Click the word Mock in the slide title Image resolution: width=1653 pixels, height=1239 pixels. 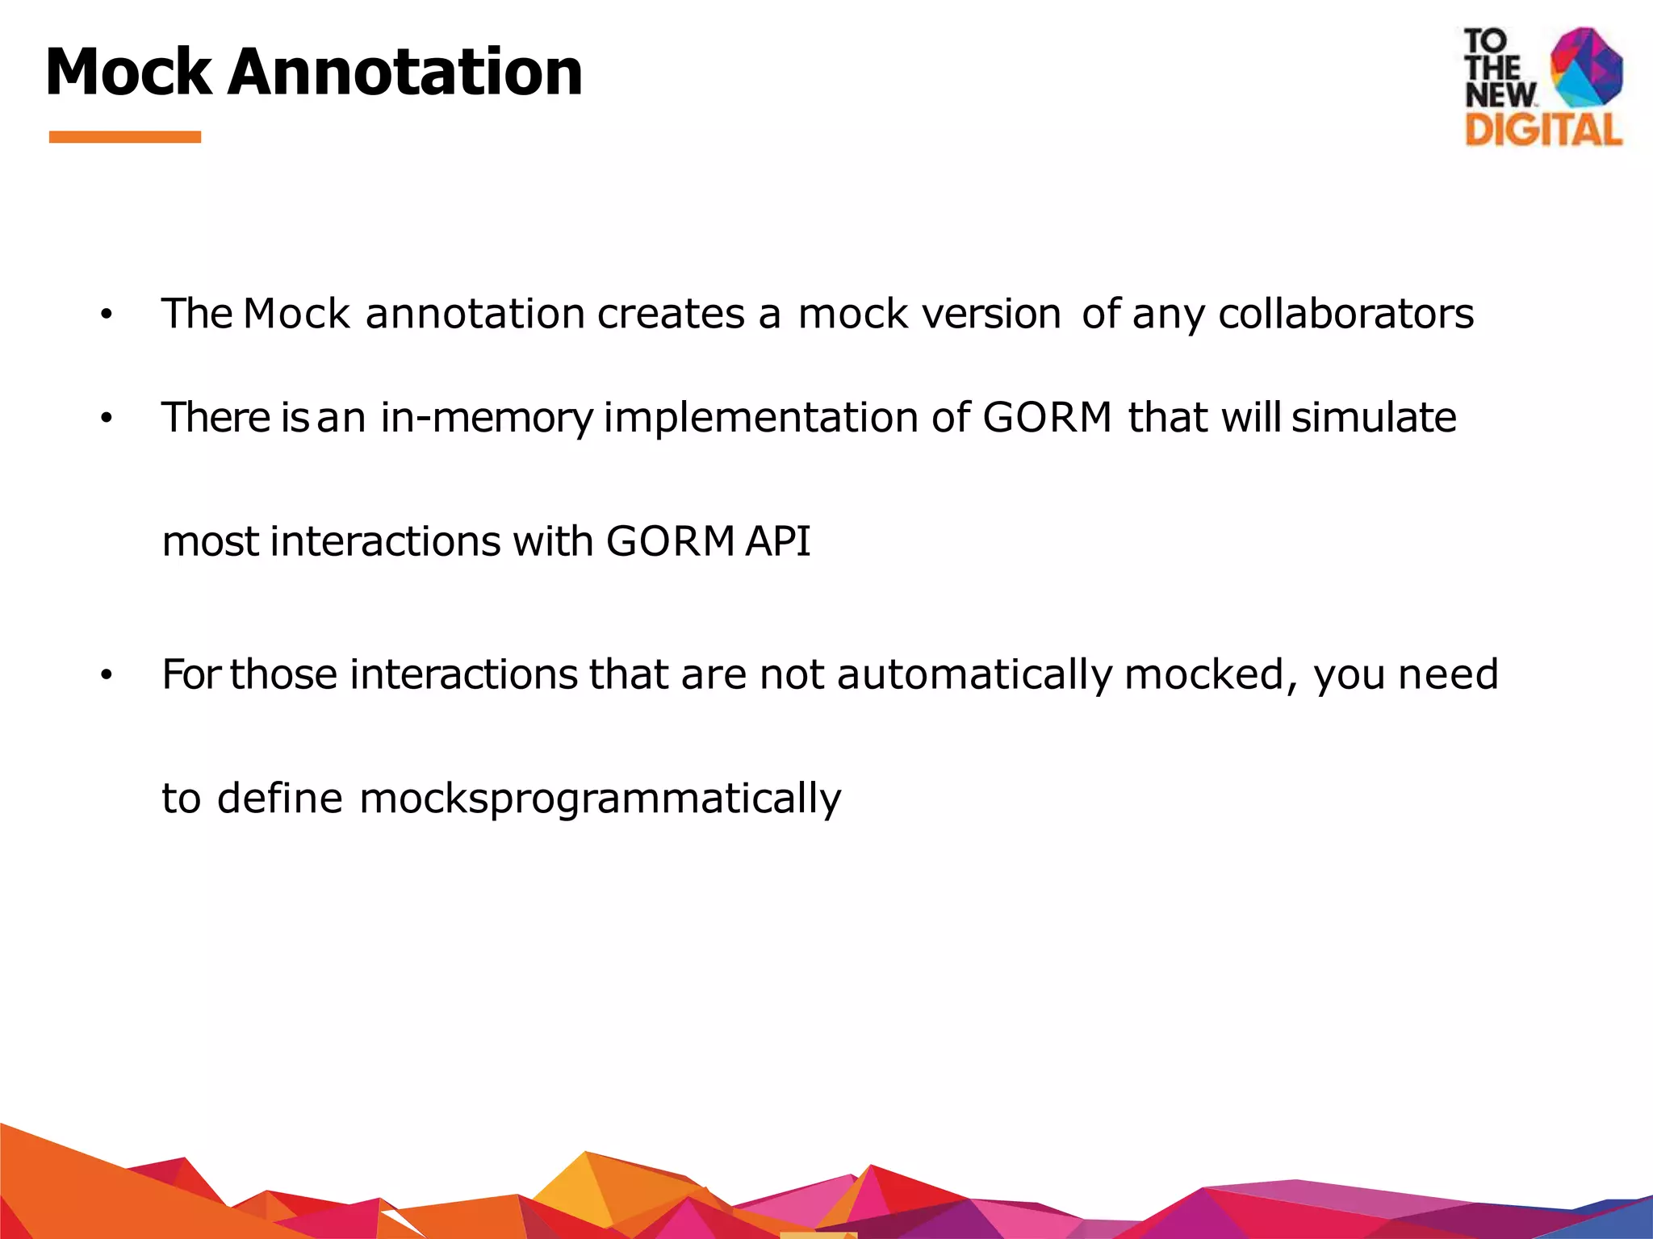click(128, 73)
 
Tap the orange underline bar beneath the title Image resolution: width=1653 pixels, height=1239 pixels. click(125, 137)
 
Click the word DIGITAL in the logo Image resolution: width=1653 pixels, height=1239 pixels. click(1543, 129)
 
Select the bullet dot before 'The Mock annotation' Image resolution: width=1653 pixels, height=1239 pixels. click(106, 315)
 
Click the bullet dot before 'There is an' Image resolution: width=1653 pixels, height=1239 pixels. click(106, 419)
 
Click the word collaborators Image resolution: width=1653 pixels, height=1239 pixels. click(1345, 314)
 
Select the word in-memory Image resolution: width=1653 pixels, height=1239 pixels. click(487, 419)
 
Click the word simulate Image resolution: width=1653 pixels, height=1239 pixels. click(1374, 418)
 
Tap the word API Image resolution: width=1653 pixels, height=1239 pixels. click(777, 541)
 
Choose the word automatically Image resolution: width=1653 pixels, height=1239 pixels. click(975, 674)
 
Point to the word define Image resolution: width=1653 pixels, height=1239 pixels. click(280, 798)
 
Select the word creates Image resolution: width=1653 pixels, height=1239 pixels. click(671, 314)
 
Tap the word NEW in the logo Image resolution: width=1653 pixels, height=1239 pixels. click(1500, 95)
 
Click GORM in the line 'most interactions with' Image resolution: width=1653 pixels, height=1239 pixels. click(670, 541)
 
